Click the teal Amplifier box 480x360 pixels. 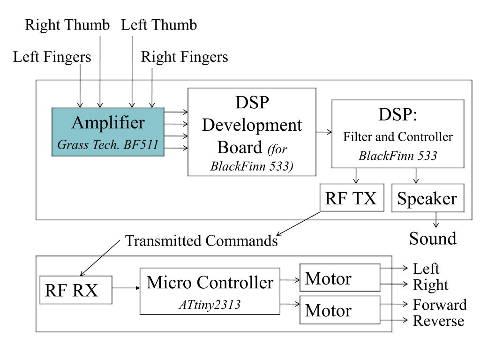(108, 132)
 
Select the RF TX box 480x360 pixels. (352, 197)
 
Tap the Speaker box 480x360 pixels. (427, 198)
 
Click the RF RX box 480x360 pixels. (76, 290)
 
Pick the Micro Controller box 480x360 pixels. (210, 291)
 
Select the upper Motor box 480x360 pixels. (340, 277)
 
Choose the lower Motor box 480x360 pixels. (340, 310)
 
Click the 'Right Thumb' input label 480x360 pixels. (67, 25)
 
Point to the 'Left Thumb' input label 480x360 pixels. (159, 25)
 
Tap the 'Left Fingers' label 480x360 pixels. (52, 57)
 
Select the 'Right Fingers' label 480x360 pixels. (184, 57)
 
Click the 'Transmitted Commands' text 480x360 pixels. (202, 240)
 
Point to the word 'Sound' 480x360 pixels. (433, 239)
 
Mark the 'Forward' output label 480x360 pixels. (440, 305)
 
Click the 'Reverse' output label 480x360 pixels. (438, 321)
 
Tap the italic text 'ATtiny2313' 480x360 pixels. (210, 305)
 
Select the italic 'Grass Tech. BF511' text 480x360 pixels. (108, 144)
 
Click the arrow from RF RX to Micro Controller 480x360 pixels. (126, 288)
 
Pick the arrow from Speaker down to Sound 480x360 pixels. (436, 219)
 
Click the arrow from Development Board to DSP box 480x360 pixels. (324, 132)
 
